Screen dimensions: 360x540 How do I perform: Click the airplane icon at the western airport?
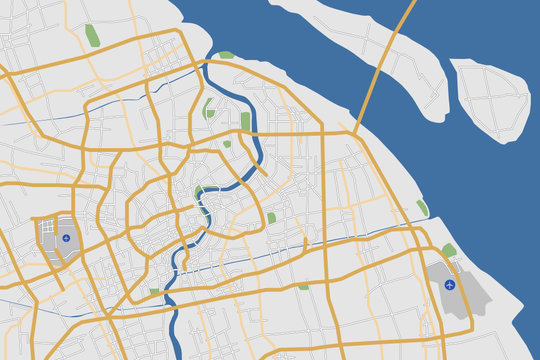pos(66,238)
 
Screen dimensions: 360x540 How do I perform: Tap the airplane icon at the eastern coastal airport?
pos(449,285)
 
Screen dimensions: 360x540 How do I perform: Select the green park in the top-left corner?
pos(92,36)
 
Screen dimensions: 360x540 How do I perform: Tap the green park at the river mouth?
pos(226,55)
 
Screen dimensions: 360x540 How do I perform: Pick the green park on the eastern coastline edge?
pos(422,208)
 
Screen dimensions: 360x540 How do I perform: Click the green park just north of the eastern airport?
pos(449,250)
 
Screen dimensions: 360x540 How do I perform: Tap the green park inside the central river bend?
pos(199,192)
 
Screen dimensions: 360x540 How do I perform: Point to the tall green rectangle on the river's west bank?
pos(246,122)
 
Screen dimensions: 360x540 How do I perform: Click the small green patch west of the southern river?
pos(155,291)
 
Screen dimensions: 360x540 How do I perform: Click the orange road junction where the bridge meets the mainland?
pos(355,131)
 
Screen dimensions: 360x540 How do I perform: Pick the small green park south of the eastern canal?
pos(303,287)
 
